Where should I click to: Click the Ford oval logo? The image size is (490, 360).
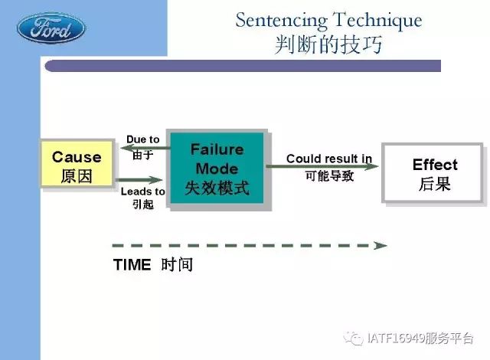51,28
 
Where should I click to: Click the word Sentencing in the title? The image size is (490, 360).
281,21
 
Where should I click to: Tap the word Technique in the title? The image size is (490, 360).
377,21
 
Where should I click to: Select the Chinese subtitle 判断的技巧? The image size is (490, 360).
328,44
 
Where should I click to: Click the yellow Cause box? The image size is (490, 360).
77,163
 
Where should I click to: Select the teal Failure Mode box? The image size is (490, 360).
217,169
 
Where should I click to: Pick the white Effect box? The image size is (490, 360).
433,173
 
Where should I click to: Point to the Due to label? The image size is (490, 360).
143,139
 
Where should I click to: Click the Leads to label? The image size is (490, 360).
143,191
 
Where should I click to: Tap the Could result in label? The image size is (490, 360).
329,159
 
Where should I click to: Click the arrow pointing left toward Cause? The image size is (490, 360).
145,148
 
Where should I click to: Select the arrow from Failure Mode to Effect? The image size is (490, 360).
322,166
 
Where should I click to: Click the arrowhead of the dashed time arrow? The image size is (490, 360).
381,246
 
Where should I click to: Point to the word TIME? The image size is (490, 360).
132,265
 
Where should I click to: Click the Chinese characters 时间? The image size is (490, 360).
177,265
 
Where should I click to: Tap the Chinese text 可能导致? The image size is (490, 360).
329,176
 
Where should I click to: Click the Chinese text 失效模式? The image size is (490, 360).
217,188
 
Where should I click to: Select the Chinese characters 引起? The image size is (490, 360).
143,205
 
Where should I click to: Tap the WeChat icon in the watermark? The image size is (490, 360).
354,338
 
